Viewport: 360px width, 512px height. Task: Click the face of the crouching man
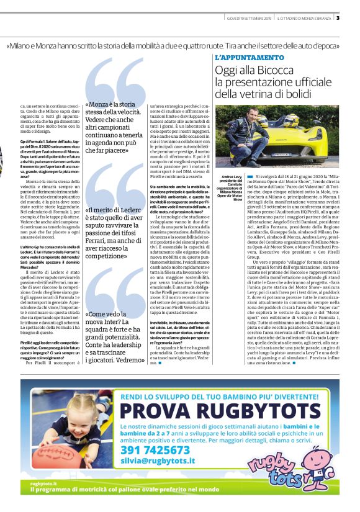coord(256,117)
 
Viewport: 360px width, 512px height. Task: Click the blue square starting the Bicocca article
coord(250,177)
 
